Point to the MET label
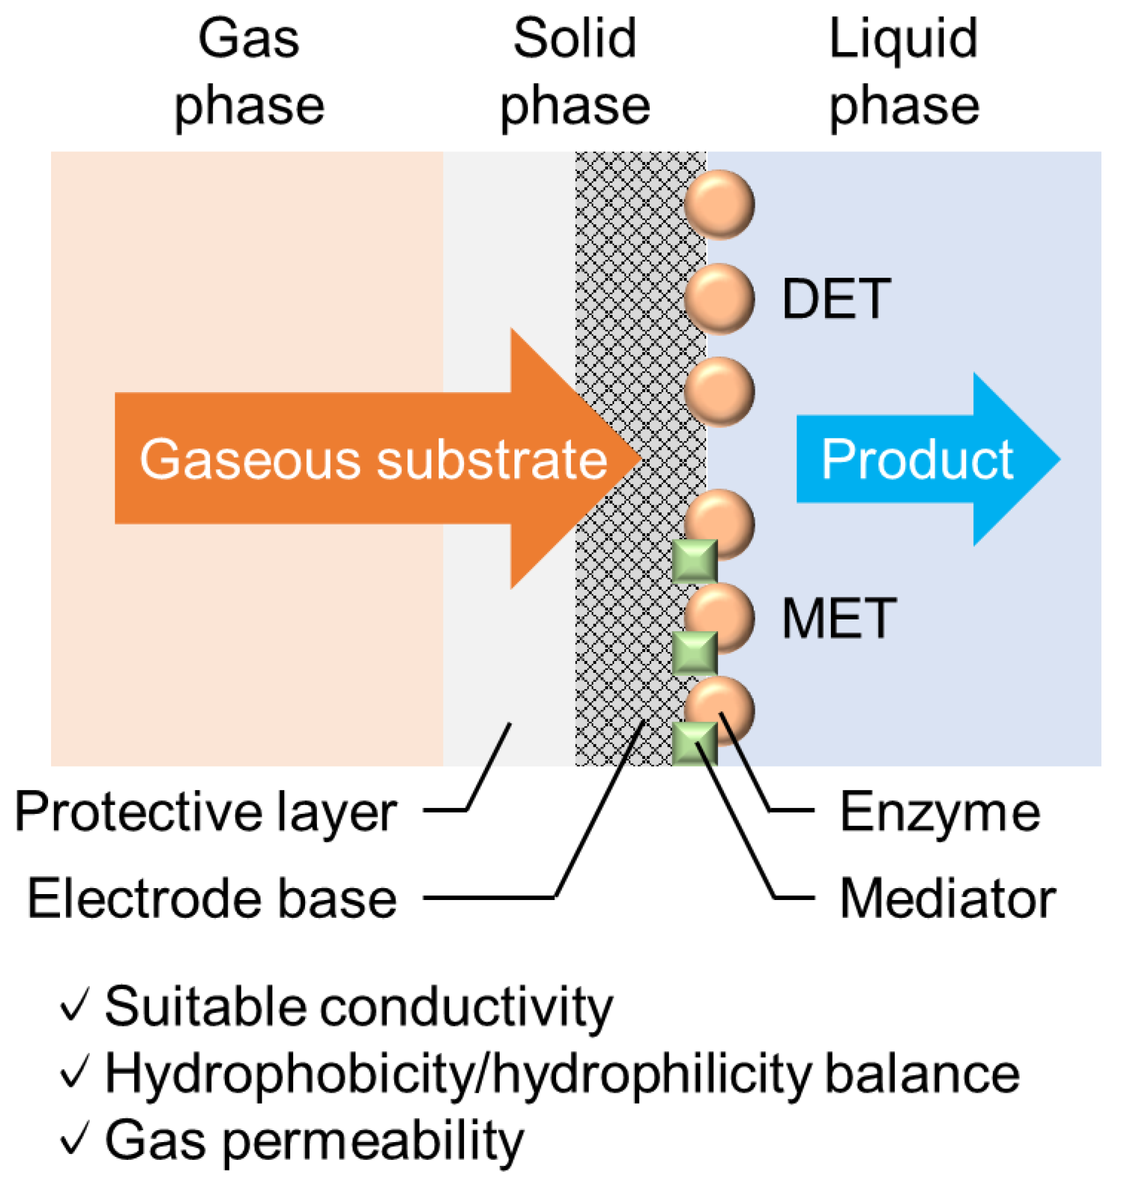[839, 619]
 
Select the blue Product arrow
[926, 459]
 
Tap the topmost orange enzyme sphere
[719, 205]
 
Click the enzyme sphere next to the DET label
[719, 298]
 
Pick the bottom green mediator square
[694, 744]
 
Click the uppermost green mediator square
[694, 561]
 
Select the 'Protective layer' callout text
[205, 813]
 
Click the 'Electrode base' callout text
[212, 899]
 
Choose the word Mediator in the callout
[948, 899]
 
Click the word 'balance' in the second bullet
[922, 1074]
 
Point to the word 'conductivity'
[466, 1007]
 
